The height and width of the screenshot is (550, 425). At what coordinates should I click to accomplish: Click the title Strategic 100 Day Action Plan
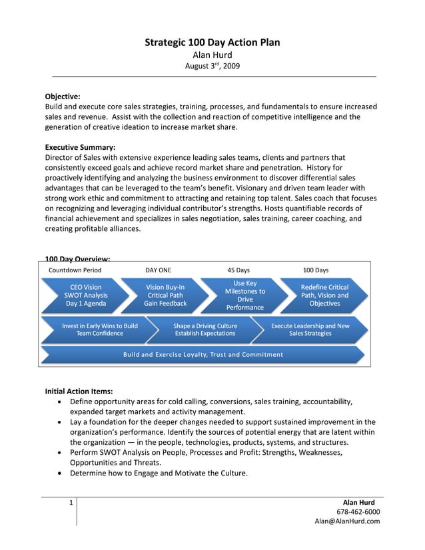tap(212, 43)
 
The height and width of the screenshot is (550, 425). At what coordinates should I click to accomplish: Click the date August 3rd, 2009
tap(212, 67)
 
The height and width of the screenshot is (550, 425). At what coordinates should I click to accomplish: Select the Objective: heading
tap(63, 97)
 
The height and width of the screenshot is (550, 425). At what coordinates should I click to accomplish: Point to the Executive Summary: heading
tap(80, 147)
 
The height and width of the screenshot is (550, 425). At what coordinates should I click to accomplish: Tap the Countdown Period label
tap(75, 270)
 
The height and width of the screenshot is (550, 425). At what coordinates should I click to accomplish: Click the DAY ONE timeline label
tap(158, 270)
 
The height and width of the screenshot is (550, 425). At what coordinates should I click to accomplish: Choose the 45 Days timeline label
tap(238, 270)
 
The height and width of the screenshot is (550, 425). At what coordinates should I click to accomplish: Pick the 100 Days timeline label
tap(316, 270)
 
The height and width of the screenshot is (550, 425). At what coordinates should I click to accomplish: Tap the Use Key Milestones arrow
tap(244, 295)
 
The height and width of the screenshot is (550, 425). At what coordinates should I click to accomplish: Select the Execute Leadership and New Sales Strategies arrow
tap(310, 330)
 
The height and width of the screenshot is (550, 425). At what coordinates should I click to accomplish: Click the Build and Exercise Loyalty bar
tap(203, 354)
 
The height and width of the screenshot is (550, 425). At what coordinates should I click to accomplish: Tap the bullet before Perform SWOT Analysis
tap(62, 452)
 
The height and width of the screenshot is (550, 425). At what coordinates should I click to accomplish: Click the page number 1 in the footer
tap(71, 503)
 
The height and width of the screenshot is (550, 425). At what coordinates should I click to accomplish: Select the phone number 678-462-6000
tap(358, 511)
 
